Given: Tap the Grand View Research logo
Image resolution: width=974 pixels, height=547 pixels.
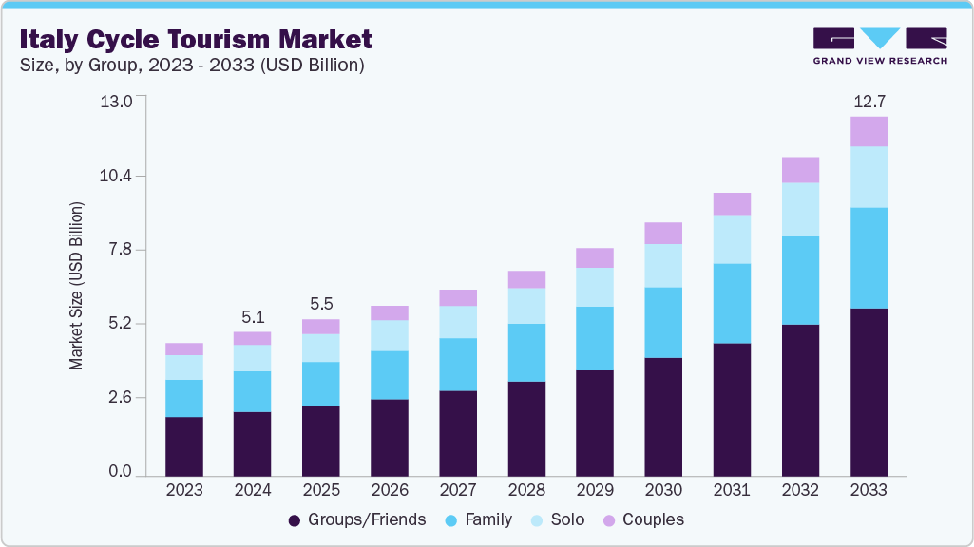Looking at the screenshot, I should click(x=879, y=46).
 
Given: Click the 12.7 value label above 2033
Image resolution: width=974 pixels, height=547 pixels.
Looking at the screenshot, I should click(x=869, y=101).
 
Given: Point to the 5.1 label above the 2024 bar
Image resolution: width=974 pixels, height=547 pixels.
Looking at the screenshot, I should click(x=252, y=316).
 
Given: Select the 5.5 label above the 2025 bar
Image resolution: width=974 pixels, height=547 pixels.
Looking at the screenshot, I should click(x=320, y=304).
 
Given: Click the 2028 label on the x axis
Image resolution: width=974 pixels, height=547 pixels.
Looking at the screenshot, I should click(x=526, y=490).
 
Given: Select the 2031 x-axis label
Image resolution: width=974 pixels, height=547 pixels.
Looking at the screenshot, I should click(x=732, y=490).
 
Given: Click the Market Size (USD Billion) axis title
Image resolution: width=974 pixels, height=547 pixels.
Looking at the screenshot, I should click(x=76, y=286).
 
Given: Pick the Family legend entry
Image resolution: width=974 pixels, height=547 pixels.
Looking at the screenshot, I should click(x=480, y=519).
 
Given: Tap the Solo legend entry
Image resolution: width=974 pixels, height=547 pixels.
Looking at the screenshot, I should click(x=557, y=519).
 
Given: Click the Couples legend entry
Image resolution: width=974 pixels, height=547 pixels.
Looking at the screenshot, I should click(x=642, y=519).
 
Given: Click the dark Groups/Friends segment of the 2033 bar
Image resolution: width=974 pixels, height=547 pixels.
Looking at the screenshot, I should click(x=869, y=391).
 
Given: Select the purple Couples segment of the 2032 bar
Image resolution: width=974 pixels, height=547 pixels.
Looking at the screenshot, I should click(x=800, y=170).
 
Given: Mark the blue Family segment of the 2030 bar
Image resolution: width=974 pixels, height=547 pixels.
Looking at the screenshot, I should click(x=663, y=322).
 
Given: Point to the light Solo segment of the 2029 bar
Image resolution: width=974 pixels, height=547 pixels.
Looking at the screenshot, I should click(x=595, y=287).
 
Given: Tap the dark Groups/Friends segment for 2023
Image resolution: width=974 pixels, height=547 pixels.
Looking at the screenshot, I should click(x=183, y=445).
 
